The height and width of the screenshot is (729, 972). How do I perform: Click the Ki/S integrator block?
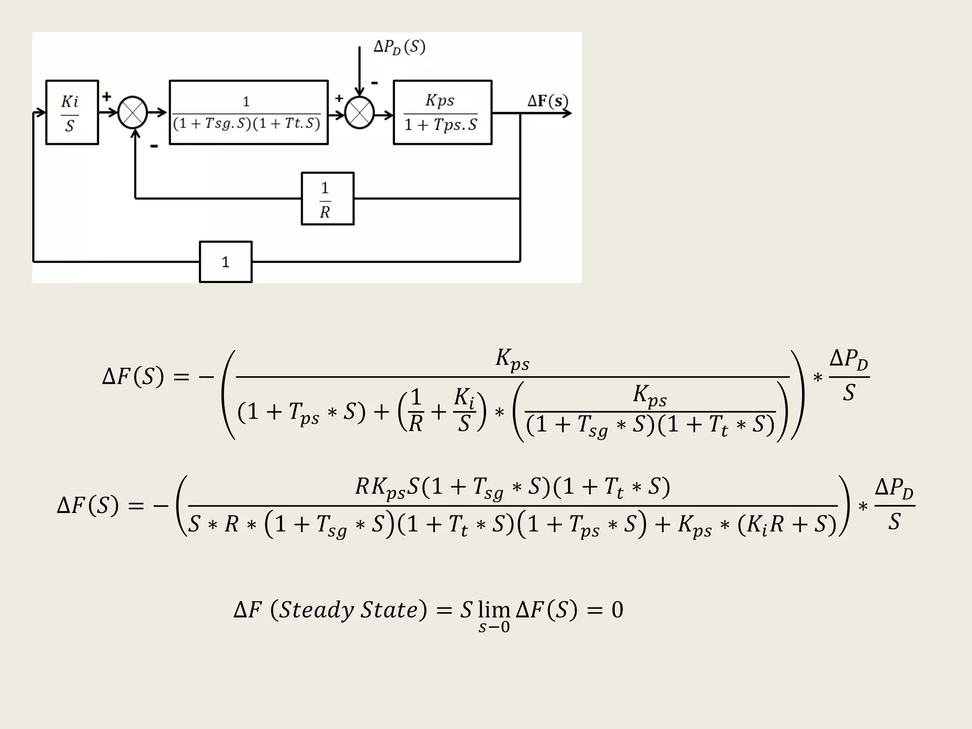pos(72,112)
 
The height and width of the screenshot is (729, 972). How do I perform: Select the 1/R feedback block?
pos(327,198)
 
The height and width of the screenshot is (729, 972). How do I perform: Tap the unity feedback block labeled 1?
pos(225,262)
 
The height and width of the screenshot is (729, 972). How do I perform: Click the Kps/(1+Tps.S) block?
pos(442,112)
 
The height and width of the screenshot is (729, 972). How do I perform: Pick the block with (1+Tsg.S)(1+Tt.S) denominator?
pos(248,112)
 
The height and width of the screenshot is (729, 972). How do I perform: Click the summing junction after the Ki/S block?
pos(132,112)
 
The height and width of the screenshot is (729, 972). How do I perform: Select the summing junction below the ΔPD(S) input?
pos(359,113)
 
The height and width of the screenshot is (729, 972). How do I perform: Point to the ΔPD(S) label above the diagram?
pos(399,47)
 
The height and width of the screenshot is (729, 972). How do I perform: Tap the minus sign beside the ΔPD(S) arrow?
pos(374,83)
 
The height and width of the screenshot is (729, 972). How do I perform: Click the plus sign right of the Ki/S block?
pos(107,96)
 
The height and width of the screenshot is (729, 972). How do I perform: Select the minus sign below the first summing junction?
pos(154,146)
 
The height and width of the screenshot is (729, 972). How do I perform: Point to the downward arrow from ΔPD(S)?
pos(360,71)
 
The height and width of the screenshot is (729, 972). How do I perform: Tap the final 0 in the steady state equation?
pos(617,610)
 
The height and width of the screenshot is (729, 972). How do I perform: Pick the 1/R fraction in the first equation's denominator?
pos(416,411)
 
